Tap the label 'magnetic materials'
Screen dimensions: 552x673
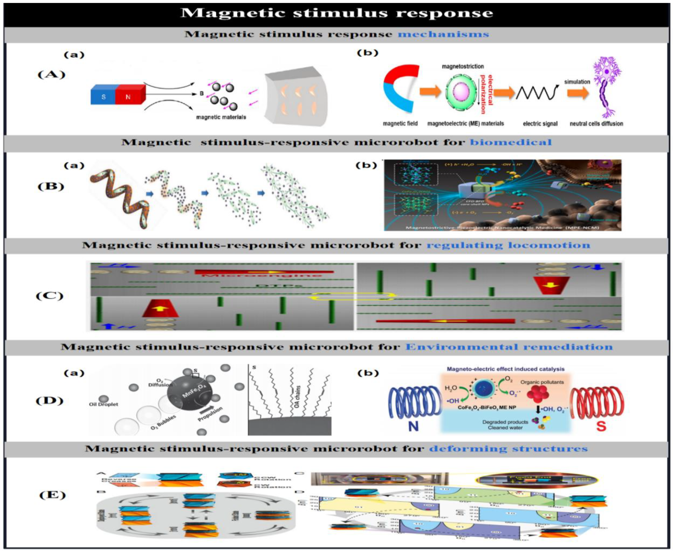(221, 117)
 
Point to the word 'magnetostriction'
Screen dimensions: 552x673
(463, 67)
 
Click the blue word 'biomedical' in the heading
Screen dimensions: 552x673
(511, 142)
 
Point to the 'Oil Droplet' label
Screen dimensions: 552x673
(104, 404)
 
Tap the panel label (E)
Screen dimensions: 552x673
(52, 495)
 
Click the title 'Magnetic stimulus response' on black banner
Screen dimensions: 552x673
(336, 13)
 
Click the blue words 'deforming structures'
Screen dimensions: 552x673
(508, 449)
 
